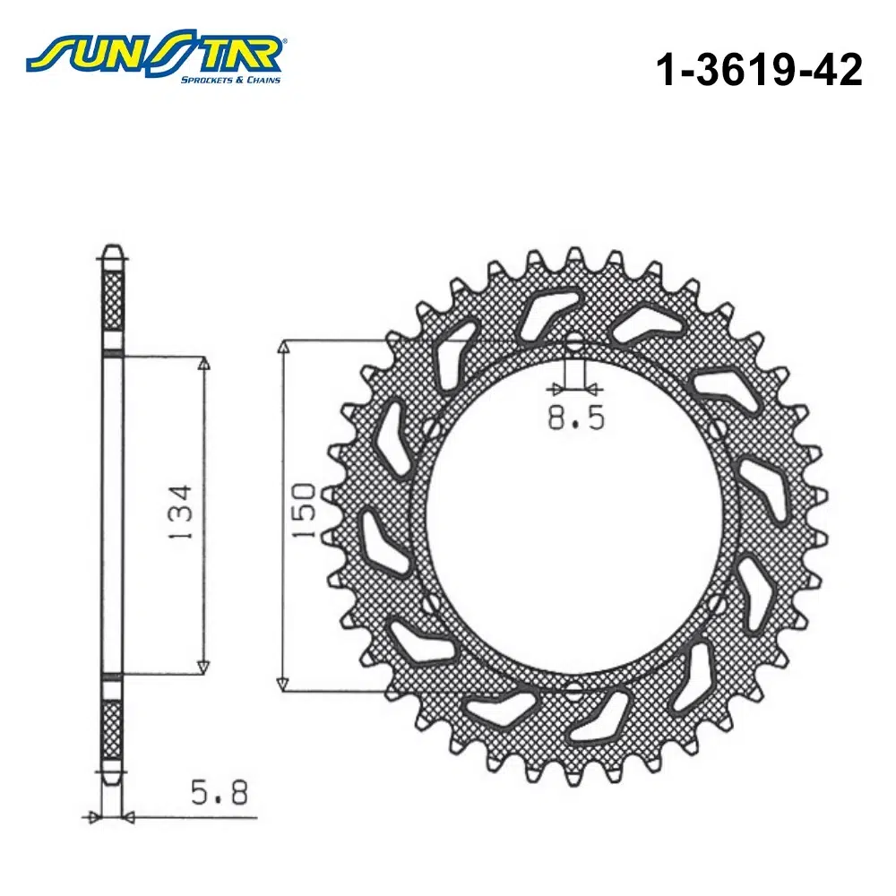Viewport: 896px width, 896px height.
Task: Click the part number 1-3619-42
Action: [x=758, y=70]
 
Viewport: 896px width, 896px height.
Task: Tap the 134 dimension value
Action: [x=181, y=513]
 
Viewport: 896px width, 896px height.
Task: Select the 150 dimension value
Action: [x=304, y=511]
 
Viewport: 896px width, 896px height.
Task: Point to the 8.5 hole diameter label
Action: [x=575, y=418]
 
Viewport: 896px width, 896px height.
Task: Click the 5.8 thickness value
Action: [x=220, y=793]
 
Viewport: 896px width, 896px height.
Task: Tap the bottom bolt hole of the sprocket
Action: [x=574, y=690]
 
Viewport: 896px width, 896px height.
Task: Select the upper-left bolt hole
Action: [x=433, y=427]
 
